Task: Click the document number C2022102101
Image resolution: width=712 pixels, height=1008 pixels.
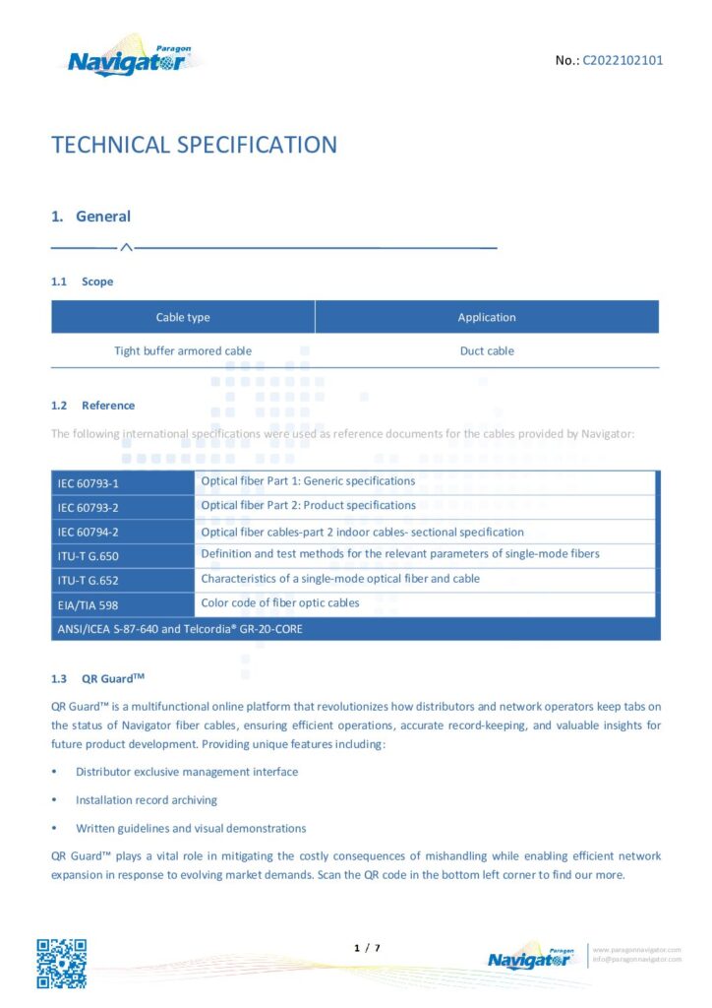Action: [x=623, y=60]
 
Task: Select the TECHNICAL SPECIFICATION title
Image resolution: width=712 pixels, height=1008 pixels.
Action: [x=194, y=146]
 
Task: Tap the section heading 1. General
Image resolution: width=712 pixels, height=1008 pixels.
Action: [x=90, y=217]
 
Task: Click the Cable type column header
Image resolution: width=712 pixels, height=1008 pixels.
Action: [x=183, y=317]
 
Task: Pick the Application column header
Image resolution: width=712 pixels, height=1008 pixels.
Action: [x=487, y=317]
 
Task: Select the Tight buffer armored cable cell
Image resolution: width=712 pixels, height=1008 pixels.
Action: [x=183, y=350]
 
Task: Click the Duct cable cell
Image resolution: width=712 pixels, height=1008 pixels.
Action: [x=487, y=350]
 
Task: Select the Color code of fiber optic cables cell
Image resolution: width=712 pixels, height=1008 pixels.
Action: [x=280, y=602]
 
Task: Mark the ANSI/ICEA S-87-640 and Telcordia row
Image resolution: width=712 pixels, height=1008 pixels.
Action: [x=180, y=628]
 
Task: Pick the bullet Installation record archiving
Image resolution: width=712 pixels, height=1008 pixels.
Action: [x=147, y=800]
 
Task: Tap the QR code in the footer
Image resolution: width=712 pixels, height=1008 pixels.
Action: [x=62, y=964]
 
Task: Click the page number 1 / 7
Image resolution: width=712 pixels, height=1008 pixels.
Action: [x=366, y=948]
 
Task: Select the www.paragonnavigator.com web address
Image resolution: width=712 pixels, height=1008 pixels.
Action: [x=636, y=950]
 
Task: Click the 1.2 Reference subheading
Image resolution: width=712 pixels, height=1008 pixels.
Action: [x=93, y=406]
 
